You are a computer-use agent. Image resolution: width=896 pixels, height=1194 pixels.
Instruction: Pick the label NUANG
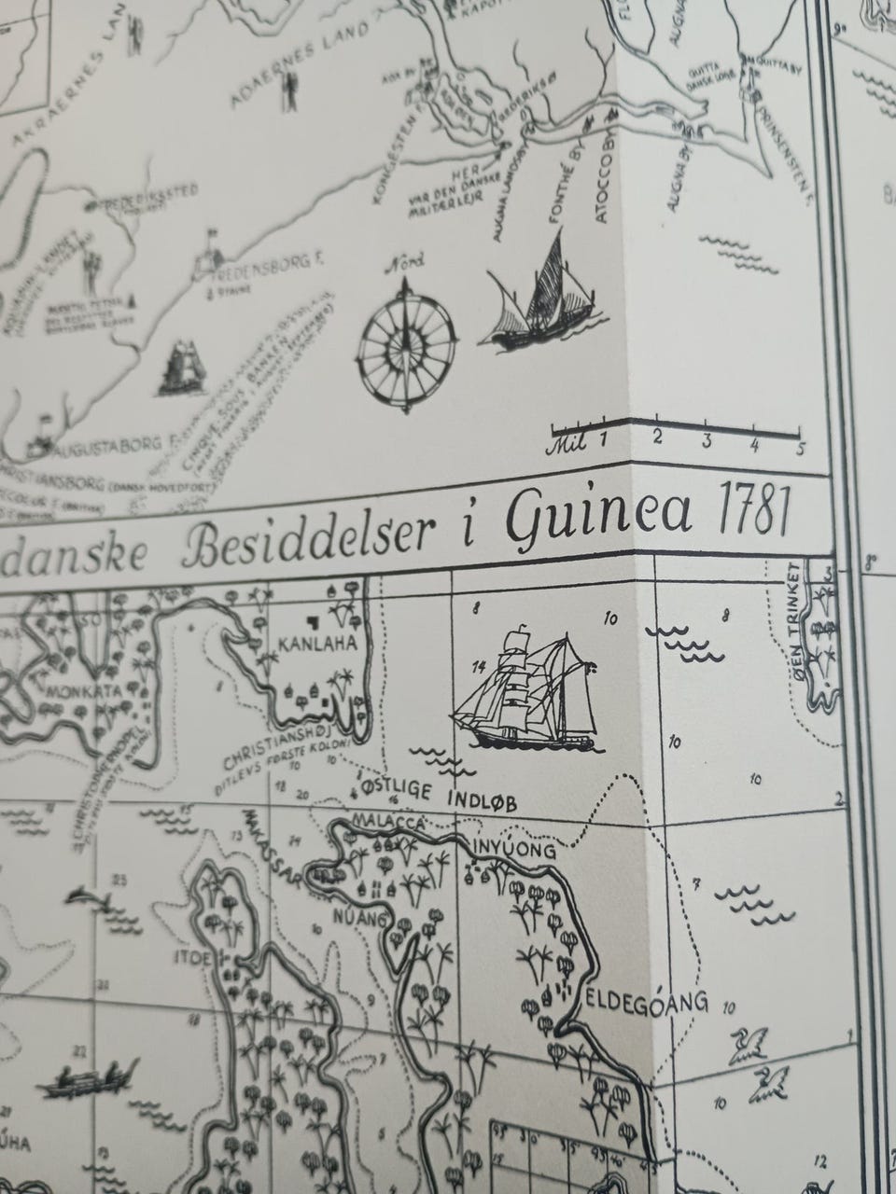point(367,918)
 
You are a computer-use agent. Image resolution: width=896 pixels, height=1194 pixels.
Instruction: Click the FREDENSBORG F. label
point(271,266)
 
